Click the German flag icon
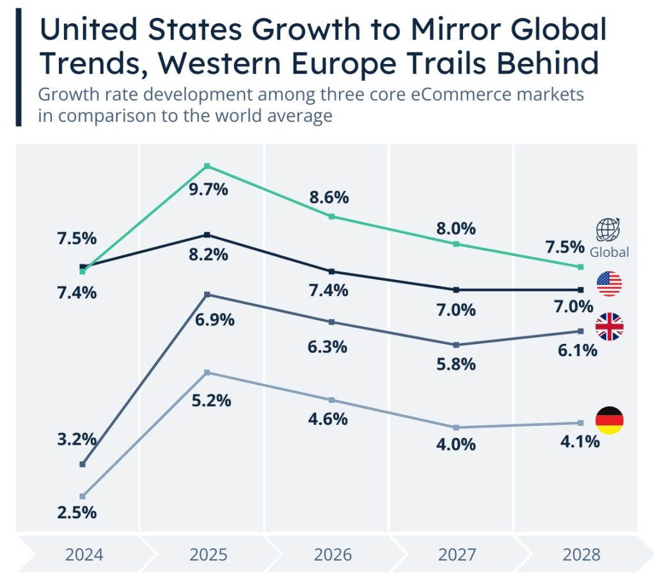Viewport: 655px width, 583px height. coord(609,420)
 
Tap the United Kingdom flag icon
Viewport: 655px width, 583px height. coord(609,327)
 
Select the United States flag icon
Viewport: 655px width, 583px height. coord(609,283)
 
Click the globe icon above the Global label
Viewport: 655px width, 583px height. coord(608,229)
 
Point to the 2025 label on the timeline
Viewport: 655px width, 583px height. coord(209,554)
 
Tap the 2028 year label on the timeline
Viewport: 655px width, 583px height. coord(581,554)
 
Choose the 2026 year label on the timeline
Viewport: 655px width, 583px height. coord(333,554)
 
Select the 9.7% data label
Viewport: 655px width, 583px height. coord(209,190)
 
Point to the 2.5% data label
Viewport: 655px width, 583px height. coord(77,513)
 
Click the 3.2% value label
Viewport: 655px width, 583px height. coord(77,440)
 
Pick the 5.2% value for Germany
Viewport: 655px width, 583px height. coord(211,400)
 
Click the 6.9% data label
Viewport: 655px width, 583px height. coord(215,319)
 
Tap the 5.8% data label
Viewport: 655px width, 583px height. coord(456,364)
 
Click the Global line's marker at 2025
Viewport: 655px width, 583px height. coord(207,167)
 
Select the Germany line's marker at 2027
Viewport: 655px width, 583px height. coord(456,427)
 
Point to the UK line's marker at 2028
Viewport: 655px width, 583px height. coord(580,331)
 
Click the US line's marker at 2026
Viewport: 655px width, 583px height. coord(331,272)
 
